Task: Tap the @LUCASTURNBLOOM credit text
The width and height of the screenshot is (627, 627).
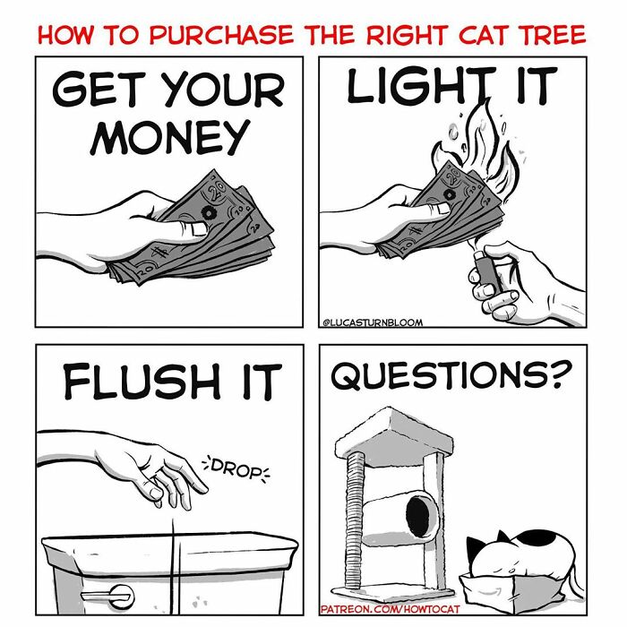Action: coord(373,323)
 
